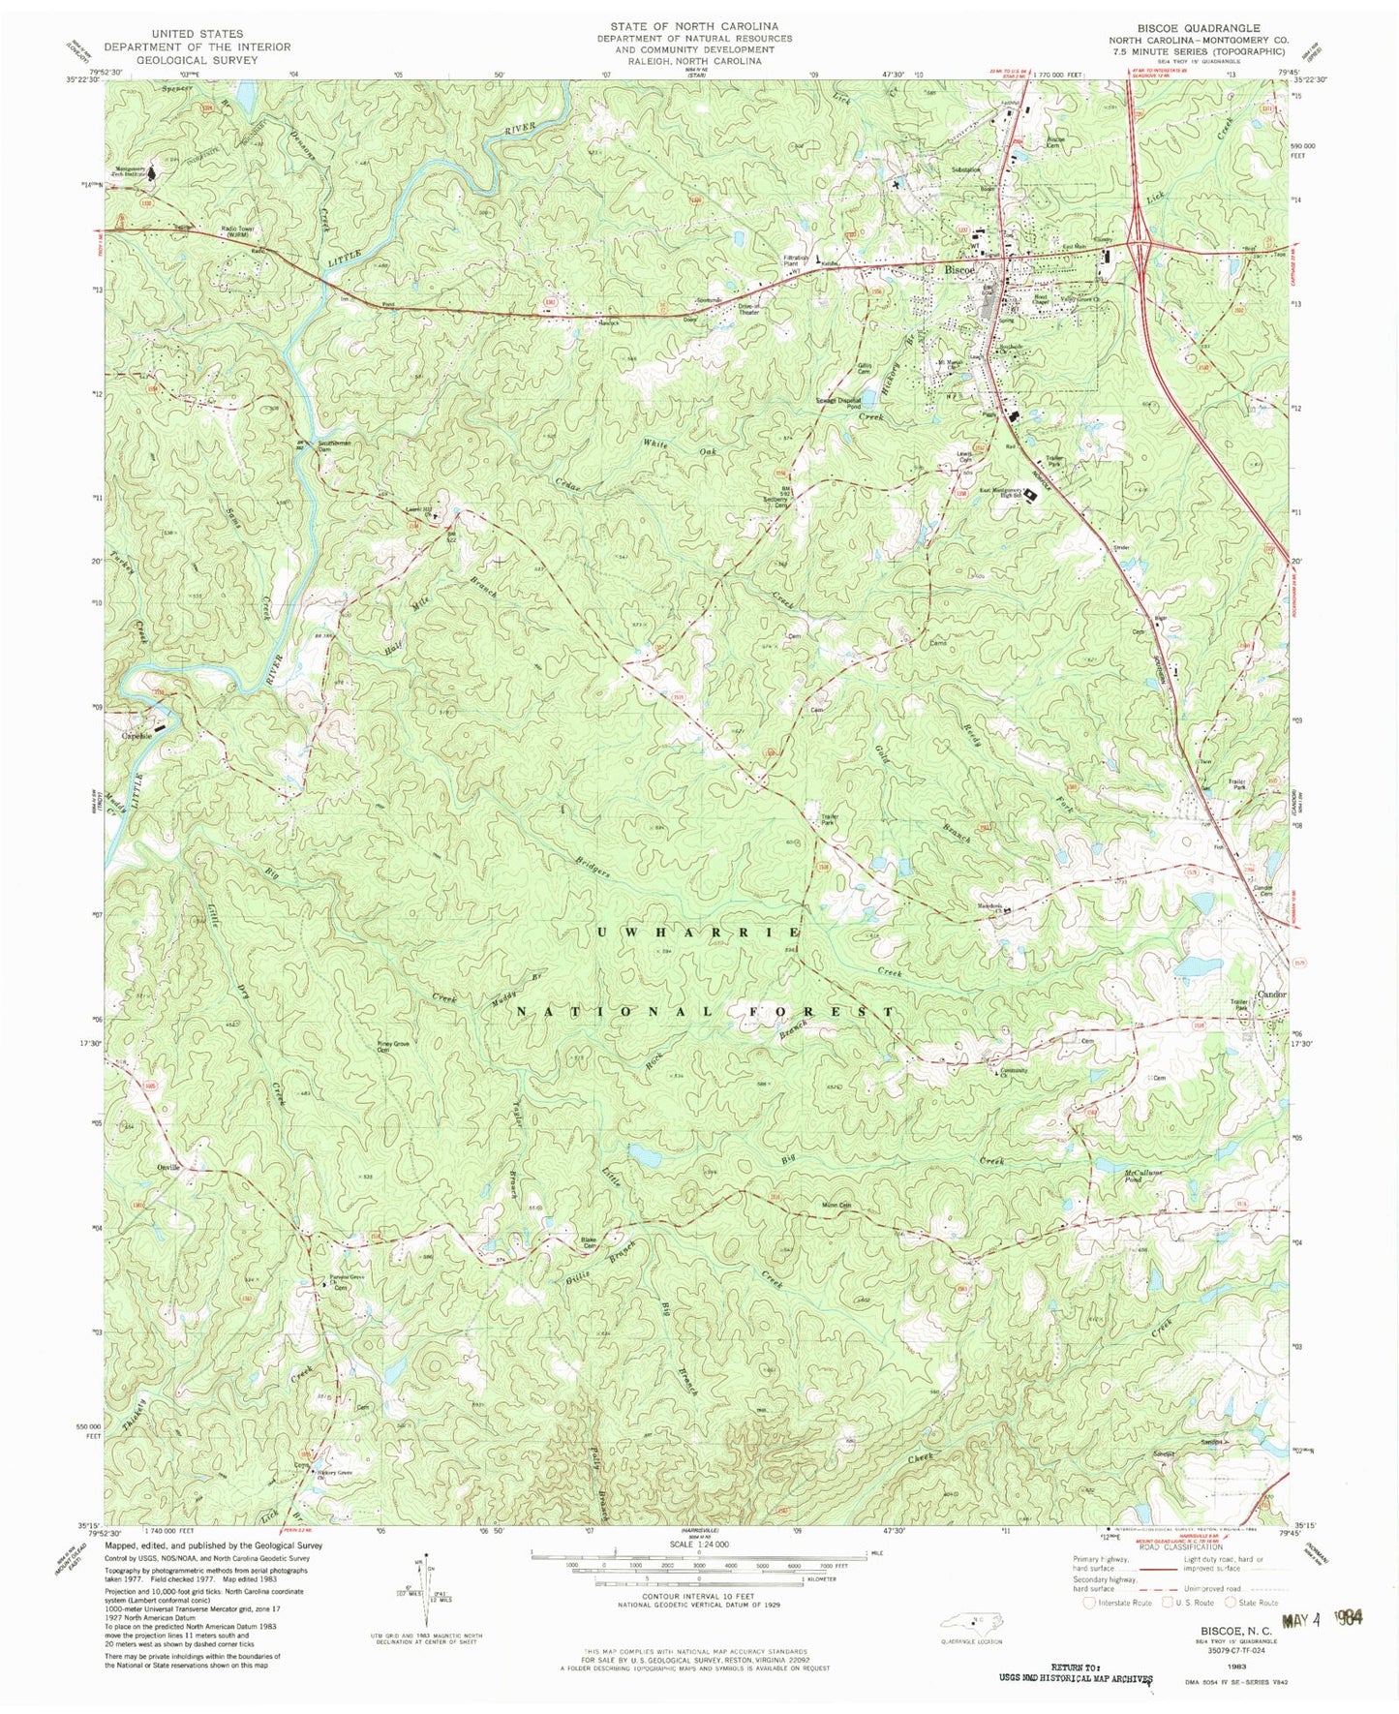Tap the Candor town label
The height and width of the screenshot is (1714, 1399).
click(x=1272, y=995)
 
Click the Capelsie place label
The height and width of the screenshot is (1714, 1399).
click(x=137, y=735)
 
